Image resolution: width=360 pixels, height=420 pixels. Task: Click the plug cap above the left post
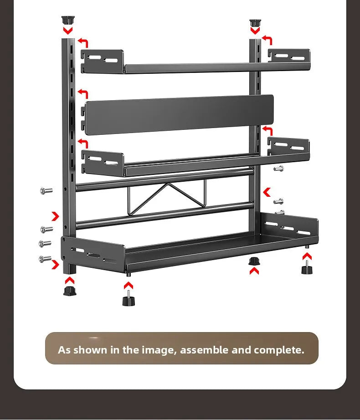[x=67, y=20]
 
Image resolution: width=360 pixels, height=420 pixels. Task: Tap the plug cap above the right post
[x=255, y=22]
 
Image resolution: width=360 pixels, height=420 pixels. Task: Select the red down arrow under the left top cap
[x=68, y=31]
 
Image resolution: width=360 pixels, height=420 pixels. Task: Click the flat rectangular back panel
[x=179, y=114]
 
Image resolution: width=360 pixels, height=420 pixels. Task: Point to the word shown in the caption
[x=90, y=350]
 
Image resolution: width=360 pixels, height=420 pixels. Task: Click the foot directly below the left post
[x=69, y=291]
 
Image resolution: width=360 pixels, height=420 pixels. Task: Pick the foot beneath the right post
[x=254, y=261]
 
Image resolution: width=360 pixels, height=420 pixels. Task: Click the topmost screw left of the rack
[x=46, y=191]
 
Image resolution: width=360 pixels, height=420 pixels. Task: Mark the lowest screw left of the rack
[x=45, y=259]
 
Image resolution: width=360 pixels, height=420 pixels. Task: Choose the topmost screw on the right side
[x=278, y=169]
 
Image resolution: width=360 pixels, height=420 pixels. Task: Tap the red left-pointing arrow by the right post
[x=267, y=192]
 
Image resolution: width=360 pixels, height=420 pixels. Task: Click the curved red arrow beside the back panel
[x=82, y=93]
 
